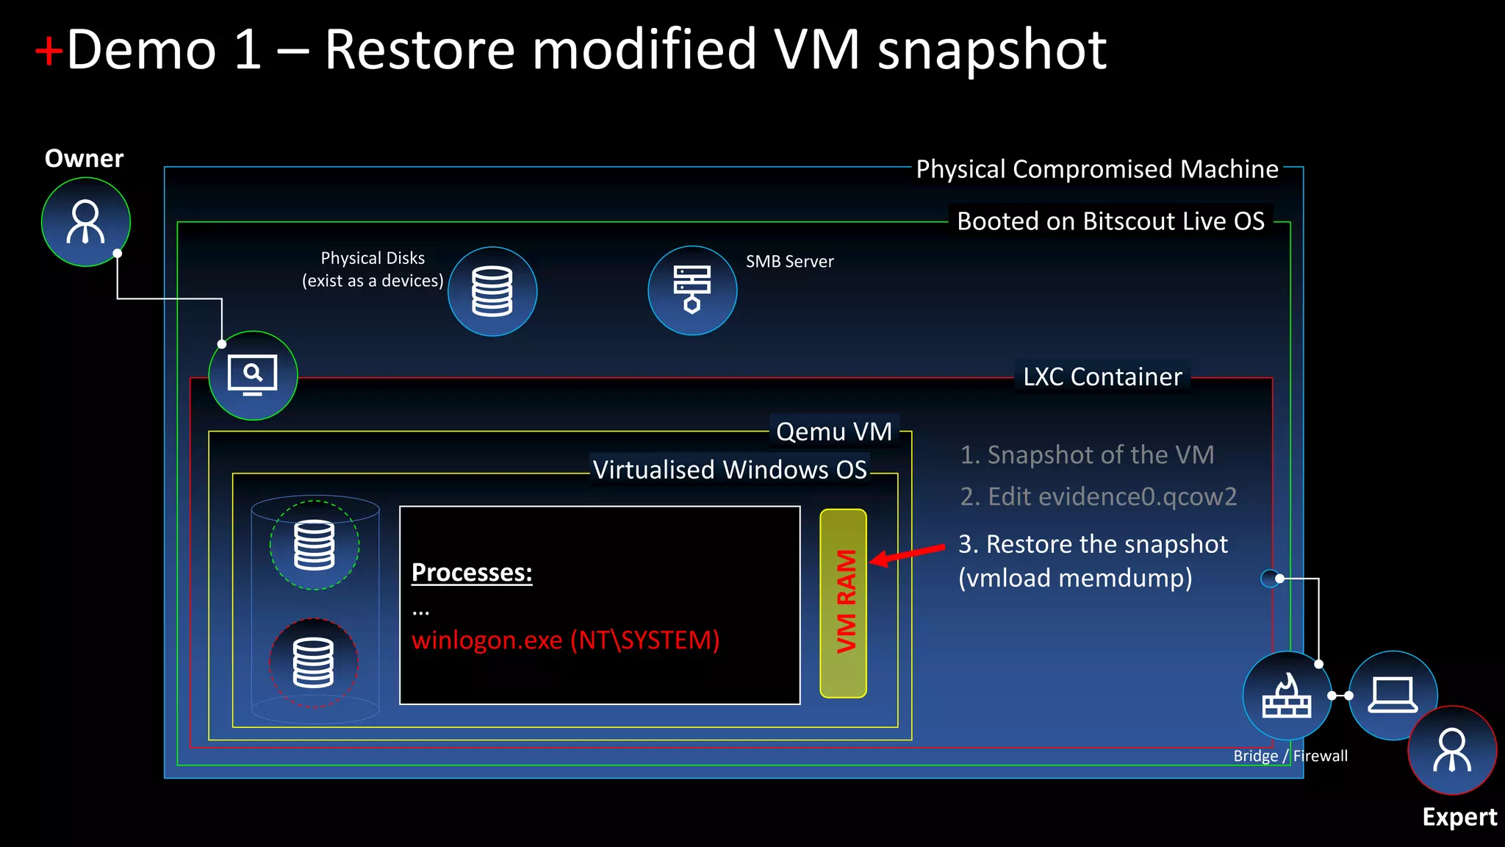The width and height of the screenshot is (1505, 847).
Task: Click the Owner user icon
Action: [86, 221]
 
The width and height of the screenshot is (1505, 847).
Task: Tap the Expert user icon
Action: [1452, 750]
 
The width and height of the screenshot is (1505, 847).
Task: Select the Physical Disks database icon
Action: [492, 291]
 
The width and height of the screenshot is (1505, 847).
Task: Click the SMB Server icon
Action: [692, 290]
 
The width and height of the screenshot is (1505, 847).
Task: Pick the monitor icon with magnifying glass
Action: [253, 375]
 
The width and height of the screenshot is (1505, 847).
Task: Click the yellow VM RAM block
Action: [844, 603]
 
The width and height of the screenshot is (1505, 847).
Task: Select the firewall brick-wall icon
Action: [1286, 696]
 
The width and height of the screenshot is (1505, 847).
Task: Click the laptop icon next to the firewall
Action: [1392, 695]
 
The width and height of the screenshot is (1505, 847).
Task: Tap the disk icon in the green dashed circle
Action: [315, 545]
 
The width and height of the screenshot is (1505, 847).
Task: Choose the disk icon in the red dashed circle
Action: [314, 662]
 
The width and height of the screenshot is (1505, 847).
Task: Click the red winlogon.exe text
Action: [565, 640]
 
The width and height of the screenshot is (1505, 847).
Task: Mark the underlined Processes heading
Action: [472, 572]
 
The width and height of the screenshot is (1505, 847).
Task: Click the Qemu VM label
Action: [834, 431]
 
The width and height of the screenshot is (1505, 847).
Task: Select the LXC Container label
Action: [1102, 376]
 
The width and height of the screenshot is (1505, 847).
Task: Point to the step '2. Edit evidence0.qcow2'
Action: [1099, 496]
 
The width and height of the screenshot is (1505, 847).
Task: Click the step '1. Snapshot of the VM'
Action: [1087, 454]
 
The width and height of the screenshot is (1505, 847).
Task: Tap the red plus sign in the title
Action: [49, 51]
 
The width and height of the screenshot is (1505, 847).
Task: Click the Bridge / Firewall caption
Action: [1290, 756]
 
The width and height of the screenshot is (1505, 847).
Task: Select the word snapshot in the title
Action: [992, 50]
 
